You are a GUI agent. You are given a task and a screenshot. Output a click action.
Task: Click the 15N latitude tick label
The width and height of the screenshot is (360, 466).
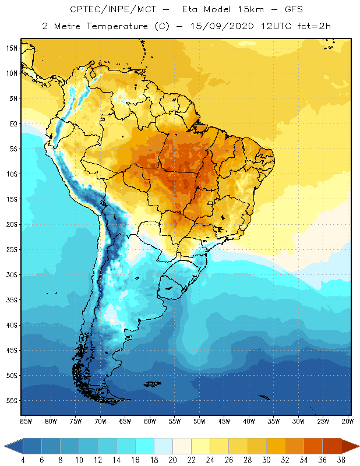pyautogui.click(x=12, y=48)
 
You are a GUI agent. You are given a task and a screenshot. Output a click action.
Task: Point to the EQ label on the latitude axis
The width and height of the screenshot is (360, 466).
pyautogui.click(x=13, y=123)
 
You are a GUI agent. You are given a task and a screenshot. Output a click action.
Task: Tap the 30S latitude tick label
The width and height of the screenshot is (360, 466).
pyautogui.click(x=12, y=274)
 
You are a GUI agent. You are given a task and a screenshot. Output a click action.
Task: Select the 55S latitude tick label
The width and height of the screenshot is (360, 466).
pyautogui.click(x=12, y=401)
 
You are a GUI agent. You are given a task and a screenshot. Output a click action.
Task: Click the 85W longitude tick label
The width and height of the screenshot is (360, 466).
pyautogui.click(x=26, y=421)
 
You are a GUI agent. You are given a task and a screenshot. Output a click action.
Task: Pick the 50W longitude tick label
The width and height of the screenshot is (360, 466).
pyautogui.click(x=199, y=421)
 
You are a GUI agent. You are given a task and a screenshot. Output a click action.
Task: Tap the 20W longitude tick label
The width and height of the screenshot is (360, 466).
pyautogui.click(x=348, y=421)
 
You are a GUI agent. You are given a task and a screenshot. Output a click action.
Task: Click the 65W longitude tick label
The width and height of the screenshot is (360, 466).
pyautogui.click(x=125, y=421)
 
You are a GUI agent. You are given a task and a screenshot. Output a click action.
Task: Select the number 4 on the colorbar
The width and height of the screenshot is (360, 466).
pyautogui.click(x=23, y=460)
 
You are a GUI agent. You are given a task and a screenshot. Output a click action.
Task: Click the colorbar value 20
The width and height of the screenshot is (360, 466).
pyautogui.click(x=172, y=460)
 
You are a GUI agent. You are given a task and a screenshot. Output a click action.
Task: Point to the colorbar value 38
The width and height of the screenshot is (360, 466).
pyautogui.click(x=341, y=460)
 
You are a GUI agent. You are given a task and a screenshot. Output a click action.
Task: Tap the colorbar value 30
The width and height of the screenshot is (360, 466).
pyautogui.click(x=266, y=460)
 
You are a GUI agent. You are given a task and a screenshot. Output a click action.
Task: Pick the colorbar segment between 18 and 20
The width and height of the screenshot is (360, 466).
pyautogui.click(x=163, y=446)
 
